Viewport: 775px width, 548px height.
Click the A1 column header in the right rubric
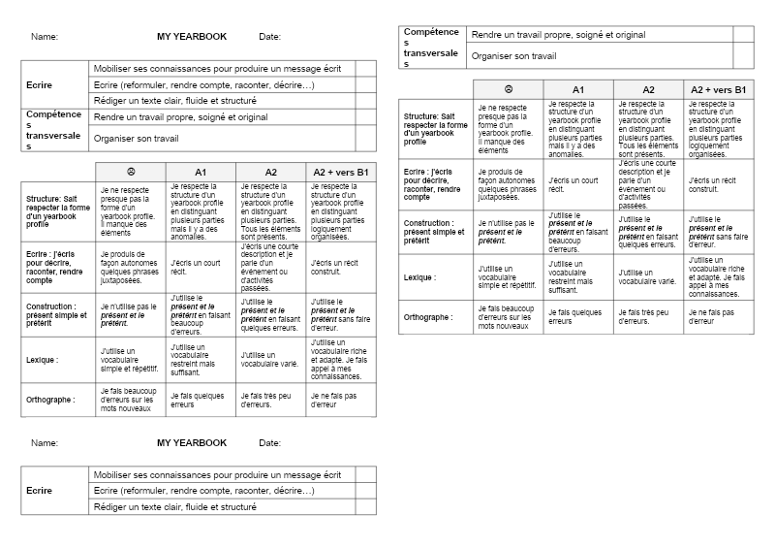point(578,89)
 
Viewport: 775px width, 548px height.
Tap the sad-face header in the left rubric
point(132,172)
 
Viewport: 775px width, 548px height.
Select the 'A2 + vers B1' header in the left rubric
point(341,172)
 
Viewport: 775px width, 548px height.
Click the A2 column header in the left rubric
point(271,172)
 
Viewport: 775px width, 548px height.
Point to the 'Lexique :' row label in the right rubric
point(419,277)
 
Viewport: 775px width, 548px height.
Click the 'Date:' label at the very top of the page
point(270,37)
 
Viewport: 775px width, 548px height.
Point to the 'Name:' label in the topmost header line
point(45,37)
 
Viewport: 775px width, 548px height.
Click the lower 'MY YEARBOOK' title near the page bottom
point(192,443)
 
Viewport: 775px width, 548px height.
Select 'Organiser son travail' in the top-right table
point(513,56)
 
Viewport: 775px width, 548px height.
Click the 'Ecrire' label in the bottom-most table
point(40,491)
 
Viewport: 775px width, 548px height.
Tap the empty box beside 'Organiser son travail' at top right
point(743,56)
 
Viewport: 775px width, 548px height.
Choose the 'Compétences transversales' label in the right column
point(431,47)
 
